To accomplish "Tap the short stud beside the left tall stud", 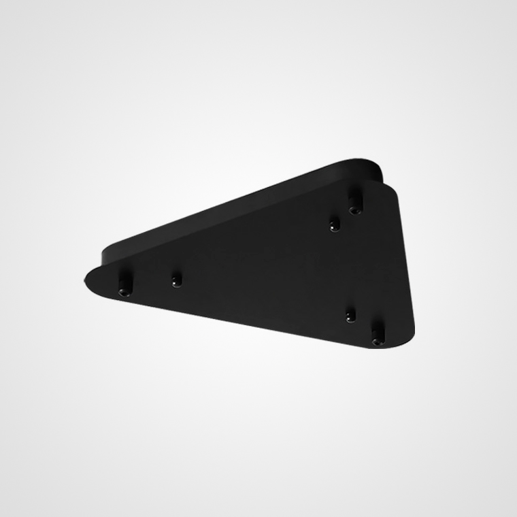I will click(x=177, y=280).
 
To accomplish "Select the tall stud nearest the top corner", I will click(x=354, y=201).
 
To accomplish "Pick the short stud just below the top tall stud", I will click(x=334, y=224).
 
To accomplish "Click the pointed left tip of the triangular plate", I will click(x=87, y=278).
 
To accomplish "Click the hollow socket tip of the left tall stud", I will click(x=124, y=292).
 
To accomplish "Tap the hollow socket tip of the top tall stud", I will click(x=354, y=210).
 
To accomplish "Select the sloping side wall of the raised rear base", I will click(x=231, y=204).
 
